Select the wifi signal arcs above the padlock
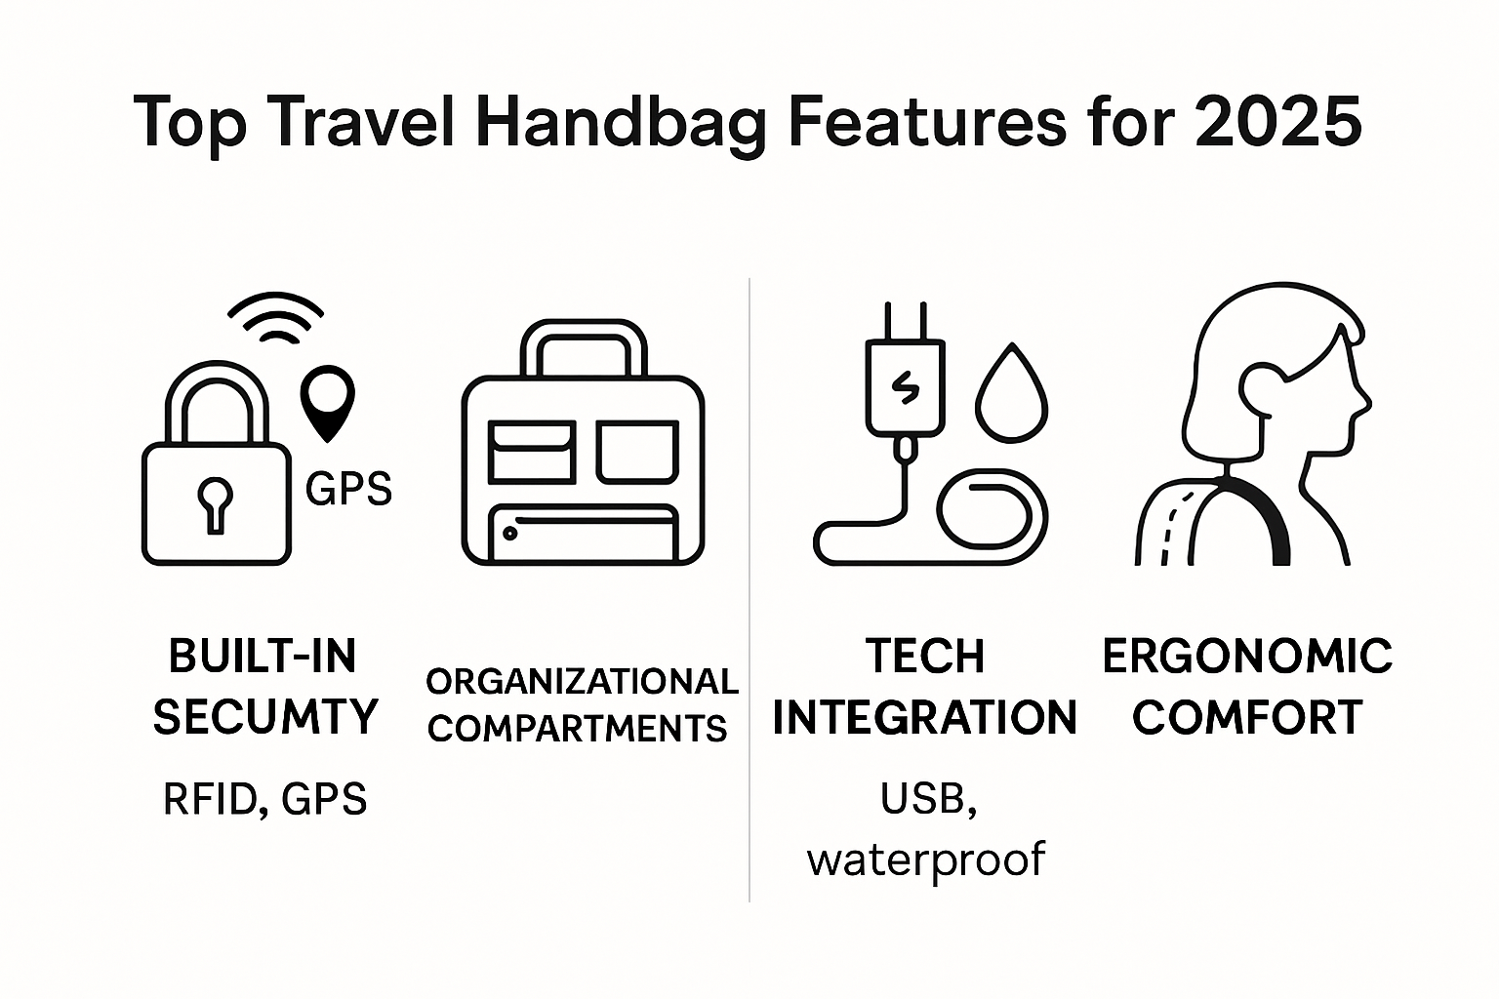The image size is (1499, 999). click(276, 318)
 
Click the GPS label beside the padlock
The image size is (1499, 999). click(348, 489)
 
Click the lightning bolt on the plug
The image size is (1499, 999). click(905, 388)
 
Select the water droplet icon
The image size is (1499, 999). click(1012, 395)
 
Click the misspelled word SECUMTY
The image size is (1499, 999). click(264, 717)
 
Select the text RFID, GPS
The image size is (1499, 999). click(264, 800)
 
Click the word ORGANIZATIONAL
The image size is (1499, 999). click(583, 681)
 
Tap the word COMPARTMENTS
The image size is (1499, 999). click(578, 728)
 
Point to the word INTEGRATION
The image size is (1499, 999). click(924, 718)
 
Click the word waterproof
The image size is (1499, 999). click(925, 859)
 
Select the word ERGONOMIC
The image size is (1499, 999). click(1247, 656)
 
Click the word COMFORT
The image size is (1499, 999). click(1247, 718)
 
